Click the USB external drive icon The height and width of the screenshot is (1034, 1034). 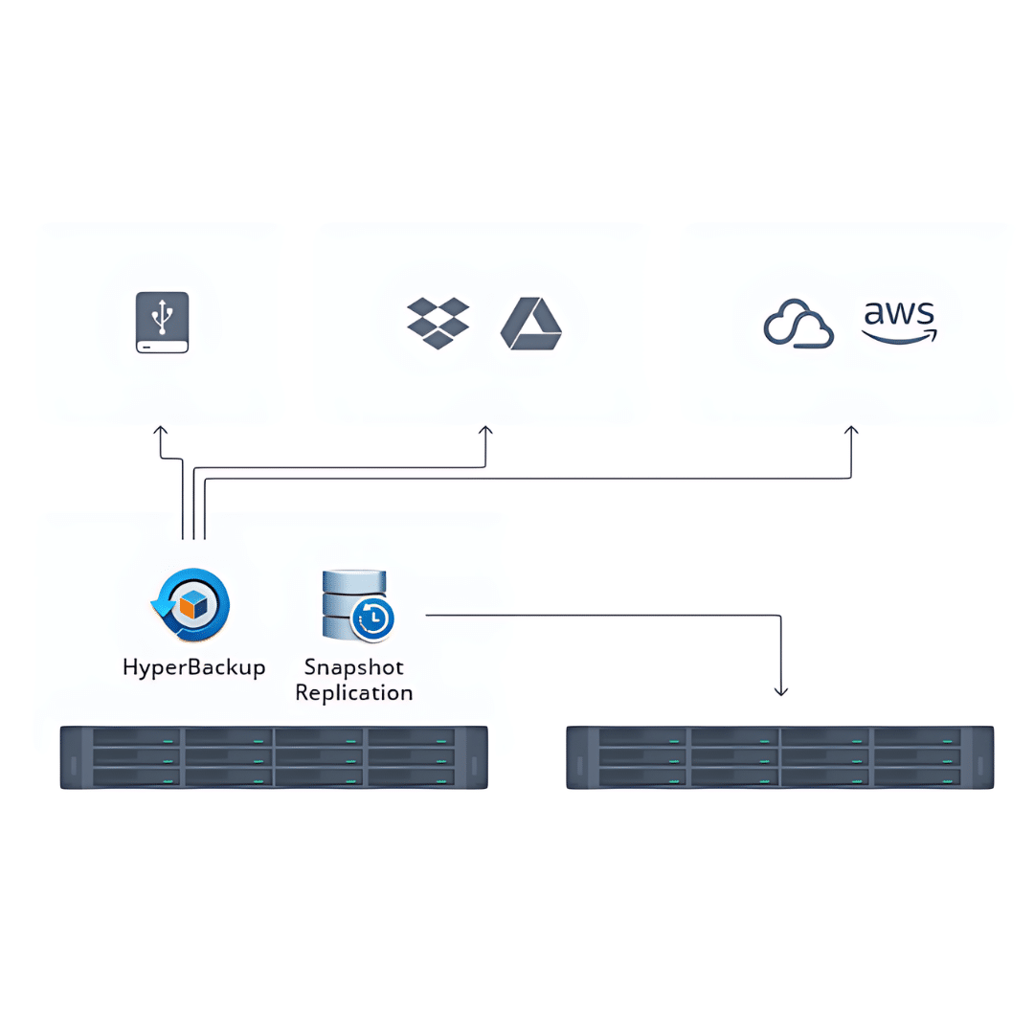point(163,323)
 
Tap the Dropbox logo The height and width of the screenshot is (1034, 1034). point(438,323)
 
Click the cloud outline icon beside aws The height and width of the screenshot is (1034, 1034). point(798,324)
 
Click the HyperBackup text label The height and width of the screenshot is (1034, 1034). point(193,667)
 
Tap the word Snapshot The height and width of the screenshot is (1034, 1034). point(353,666)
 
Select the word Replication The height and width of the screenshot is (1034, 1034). point(354,692)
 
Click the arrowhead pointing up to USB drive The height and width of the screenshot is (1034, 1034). point(161,431)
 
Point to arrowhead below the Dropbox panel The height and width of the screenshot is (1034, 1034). point(485,431)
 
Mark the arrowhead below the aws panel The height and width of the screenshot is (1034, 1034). point(851,431)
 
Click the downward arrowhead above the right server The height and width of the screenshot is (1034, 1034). point(781,689)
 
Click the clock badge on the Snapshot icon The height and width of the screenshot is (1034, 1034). point(373,620)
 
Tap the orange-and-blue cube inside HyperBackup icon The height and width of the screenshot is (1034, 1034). point(194,603)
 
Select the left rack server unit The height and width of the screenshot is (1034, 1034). point(274,757)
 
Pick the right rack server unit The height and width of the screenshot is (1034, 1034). point(779,757)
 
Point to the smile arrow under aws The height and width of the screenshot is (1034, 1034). point(900,336)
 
